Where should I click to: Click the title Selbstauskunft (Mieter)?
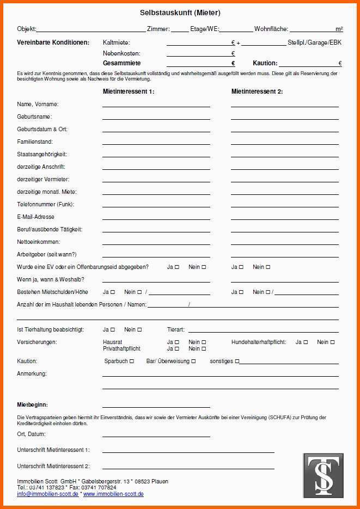[180, 13]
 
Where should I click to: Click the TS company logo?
[323, 475]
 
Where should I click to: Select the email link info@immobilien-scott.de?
[48, 494]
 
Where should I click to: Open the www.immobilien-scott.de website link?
[113, 494]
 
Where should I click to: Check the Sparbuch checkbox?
[132, 361]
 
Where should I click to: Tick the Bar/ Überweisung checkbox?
[193, 361]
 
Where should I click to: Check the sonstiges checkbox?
[237, 361]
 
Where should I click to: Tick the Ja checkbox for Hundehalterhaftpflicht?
[306, 342]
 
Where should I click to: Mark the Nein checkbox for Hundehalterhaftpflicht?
[332, 342]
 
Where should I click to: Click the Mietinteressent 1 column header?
[129, 91]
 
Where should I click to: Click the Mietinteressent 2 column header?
[257, 91]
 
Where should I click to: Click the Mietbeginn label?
[32, 405]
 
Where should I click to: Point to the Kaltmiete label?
[116, 42]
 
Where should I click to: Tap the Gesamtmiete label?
[121, 63]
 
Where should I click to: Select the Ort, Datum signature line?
[156, 436]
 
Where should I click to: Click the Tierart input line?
[263, 332]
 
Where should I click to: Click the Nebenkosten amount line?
[198, 56]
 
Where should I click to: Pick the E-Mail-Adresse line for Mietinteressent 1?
[156, 219]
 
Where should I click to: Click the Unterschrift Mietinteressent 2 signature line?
[188, 468]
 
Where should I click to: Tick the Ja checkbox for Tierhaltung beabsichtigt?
[113, 330]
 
